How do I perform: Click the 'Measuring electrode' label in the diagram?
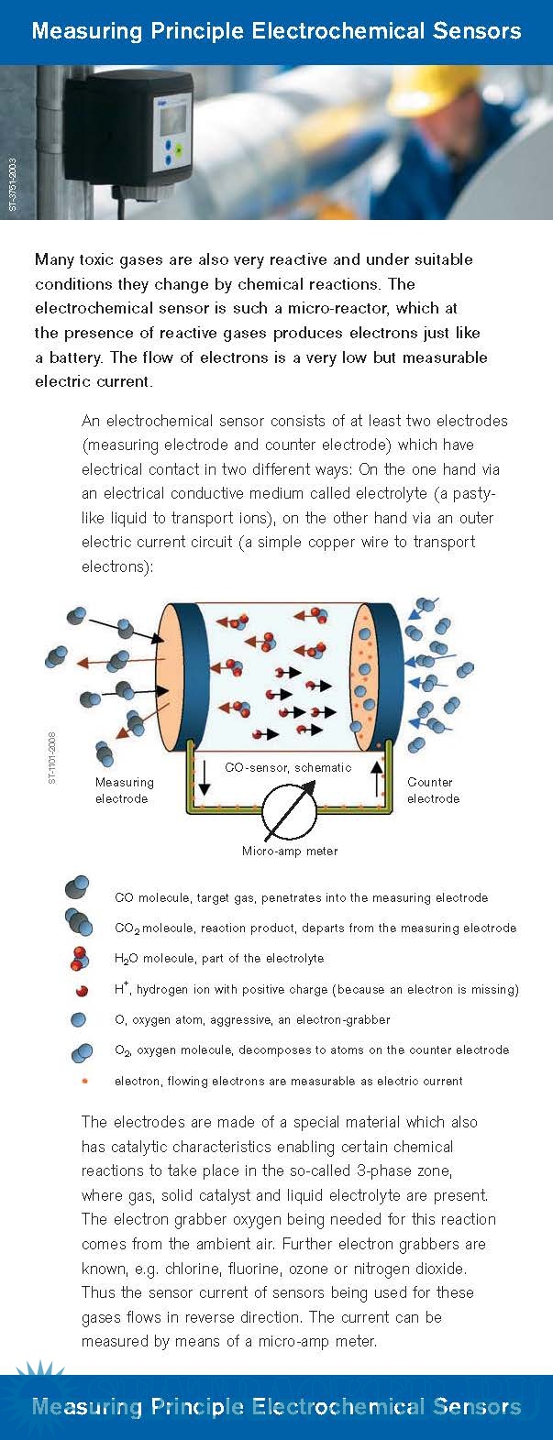[124, 790]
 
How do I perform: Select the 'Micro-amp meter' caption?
[290, 851]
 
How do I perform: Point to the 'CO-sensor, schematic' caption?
[288, 767]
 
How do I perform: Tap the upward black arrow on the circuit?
[375, 777]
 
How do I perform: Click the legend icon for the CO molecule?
[77, 887]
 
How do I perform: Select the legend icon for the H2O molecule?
[79, 959]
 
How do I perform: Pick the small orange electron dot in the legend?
[84, 1081]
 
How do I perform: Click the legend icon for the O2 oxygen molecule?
[82, 1052]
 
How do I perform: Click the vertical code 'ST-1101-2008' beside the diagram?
[52, 757]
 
